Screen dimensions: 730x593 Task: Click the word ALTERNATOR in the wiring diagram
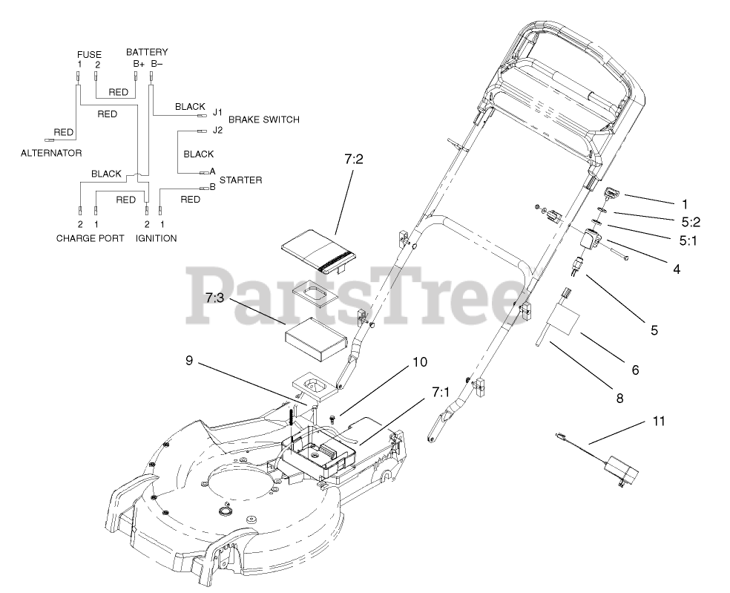point(50,153)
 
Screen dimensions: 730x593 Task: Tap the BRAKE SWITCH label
point(263,119)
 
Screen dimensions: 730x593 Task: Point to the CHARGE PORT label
point(89,238)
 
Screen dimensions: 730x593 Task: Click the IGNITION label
point(156,238)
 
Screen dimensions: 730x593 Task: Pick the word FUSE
point(89,55)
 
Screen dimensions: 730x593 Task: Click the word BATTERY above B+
point(146,53)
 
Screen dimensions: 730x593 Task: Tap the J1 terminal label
point(217,113)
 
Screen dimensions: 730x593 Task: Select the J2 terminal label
point(217,130)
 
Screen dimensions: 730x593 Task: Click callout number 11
point(659,421)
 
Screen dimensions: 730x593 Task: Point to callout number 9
point(189,361)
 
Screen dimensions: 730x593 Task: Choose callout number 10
point(420,362)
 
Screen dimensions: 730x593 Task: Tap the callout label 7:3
point(215,298)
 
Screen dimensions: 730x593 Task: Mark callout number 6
point(634,369)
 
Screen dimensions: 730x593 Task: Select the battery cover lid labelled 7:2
point(320,253)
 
